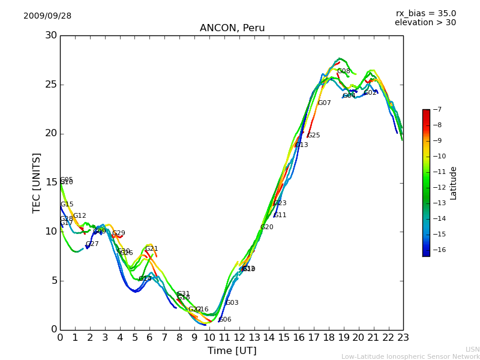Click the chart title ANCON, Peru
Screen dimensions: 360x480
[x=232, y=28]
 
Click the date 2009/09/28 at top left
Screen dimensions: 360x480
[x=47, y=16]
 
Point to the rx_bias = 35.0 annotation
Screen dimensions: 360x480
[x=425, y=14]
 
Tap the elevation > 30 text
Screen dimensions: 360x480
[x=425, y=23]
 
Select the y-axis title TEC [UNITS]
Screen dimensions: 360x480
[x=37, y=182]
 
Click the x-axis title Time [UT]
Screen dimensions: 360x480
[x=232, y=350]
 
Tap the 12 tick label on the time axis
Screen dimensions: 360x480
[x=239, y=338]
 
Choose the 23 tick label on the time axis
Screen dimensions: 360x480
[x=403, y=338]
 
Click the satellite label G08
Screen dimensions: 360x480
[x=343, y=71]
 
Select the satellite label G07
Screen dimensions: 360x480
[x=324, y=103]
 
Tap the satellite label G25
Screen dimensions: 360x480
[x=313, y=136]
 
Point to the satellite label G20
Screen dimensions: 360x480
[x=266, y=227]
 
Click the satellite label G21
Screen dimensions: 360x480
[x=151, y=249]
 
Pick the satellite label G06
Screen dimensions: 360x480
[x=224, y=320]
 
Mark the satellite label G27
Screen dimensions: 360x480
[x=92, y=244]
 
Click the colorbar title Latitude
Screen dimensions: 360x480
[x=453, y=183]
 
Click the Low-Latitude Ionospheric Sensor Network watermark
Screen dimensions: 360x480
[x=410, y=356]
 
